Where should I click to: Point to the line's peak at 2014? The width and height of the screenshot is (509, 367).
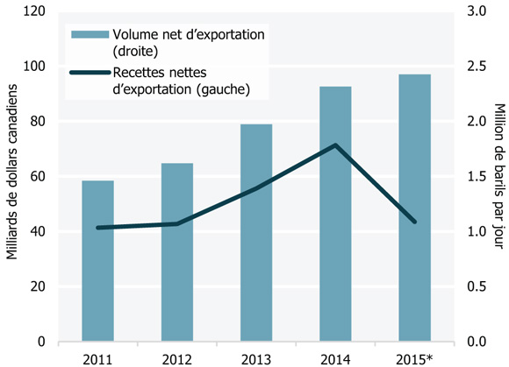tap(335, 145)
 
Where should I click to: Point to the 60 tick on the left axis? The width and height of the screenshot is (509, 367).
tap(39, 177)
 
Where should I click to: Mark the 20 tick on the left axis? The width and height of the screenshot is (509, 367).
tap(39, 286)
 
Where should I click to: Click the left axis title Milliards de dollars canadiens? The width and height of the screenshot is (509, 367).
tap(11, 175)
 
